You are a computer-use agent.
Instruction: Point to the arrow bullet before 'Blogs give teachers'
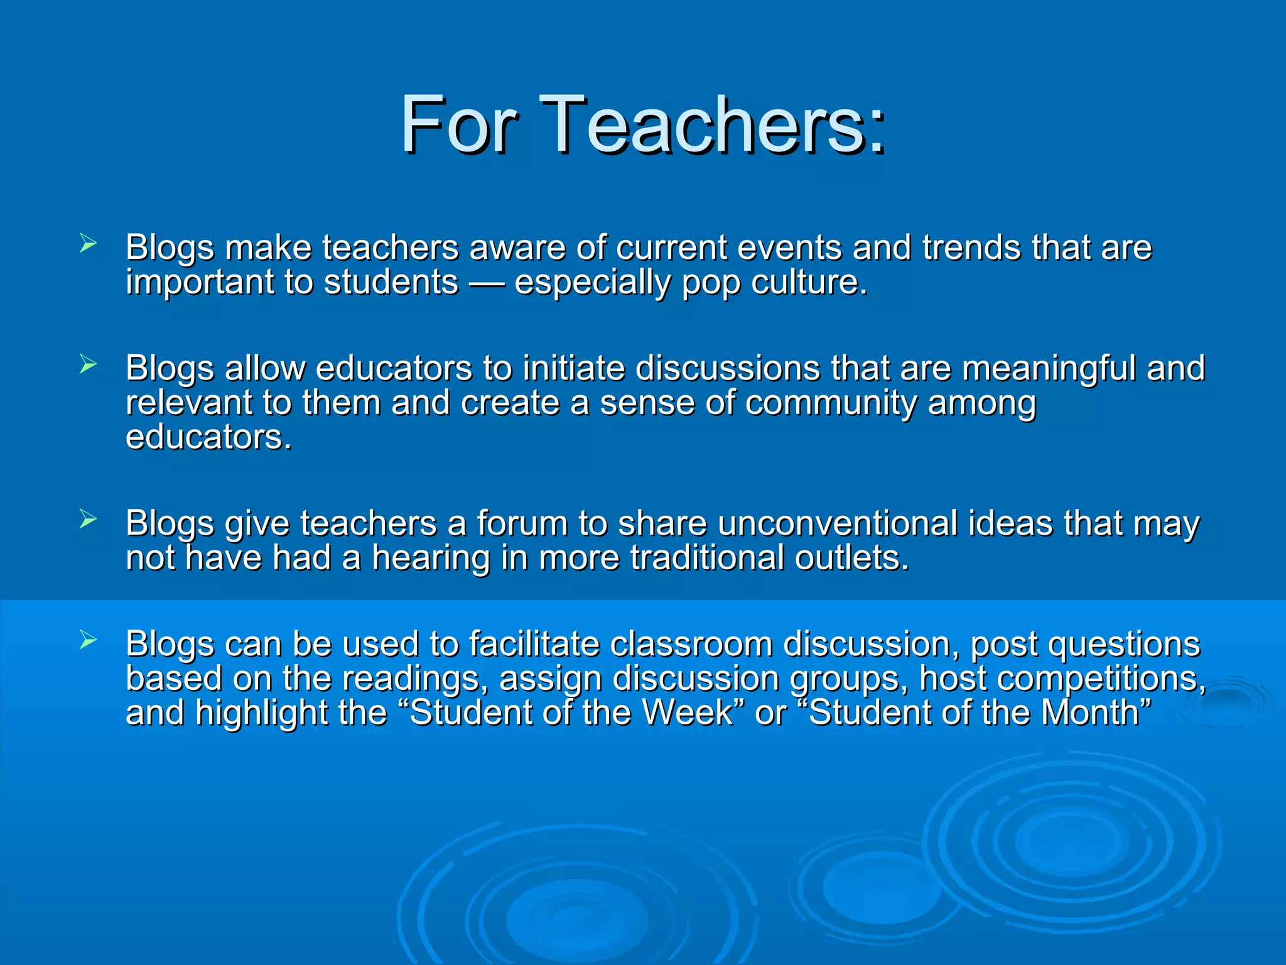click(x=88, y=520)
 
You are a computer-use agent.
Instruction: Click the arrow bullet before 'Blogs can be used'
click(x=88, y=640)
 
